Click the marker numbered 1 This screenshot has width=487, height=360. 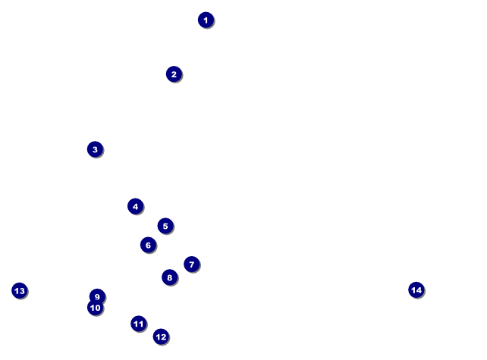click(206, 20)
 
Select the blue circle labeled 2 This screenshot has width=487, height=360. click(174, 74)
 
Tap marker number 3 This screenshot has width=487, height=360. click(96, 149)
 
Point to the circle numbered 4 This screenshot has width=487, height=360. click(136, 206)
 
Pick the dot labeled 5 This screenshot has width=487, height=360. click(165, 226)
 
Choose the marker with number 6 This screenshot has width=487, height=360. click(149, 245)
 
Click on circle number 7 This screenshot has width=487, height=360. click(192, 265)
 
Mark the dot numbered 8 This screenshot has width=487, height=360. click(170, 277)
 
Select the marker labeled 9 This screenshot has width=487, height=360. click(98, 296)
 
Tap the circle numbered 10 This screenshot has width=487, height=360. click(96, 308)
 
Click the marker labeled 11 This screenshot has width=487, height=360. click(139, 324)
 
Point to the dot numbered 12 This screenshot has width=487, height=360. click(161, 337)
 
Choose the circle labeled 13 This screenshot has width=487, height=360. click(20, 291)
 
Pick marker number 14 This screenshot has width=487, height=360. click(416, 290)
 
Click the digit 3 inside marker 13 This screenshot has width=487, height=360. click(22, 291)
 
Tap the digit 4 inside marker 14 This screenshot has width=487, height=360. click(419, 290)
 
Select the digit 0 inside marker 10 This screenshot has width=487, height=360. click(98, 308)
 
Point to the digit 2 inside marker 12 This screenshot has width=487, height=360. click(164, 337)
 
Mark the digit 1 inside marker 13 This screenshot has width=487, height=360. click(17, 291)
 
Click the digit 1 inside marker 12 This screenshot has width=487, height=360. click(158, 337)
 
